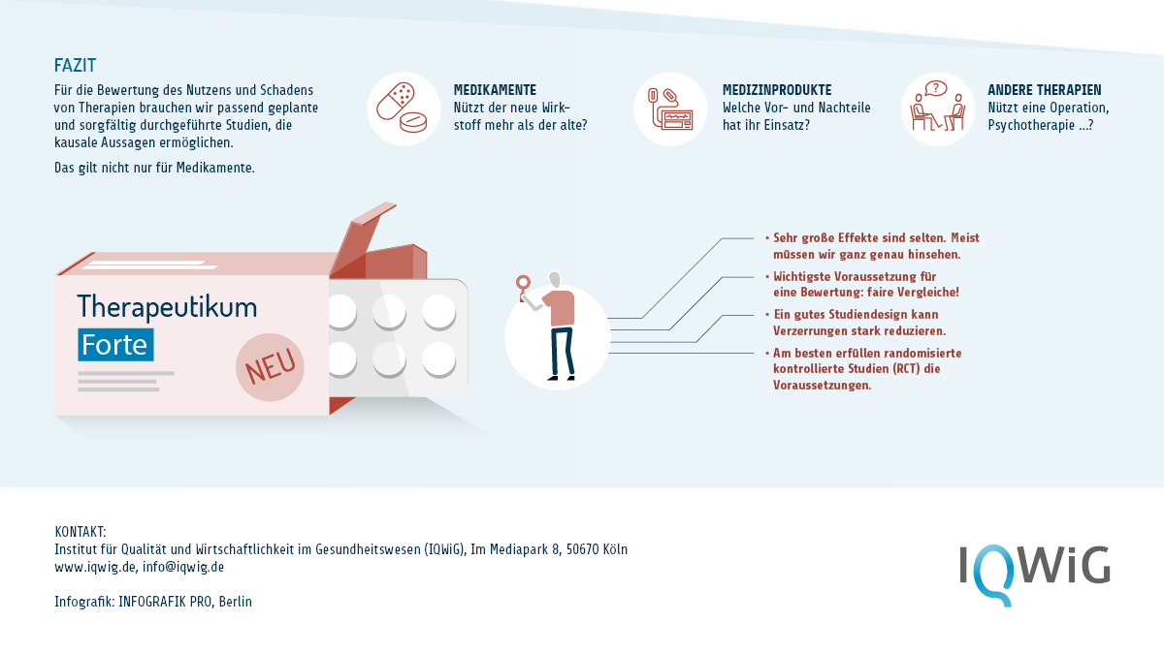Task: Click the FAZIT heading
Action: [x=75, y=66]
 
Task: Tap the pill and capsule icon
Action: [x=402, y=108]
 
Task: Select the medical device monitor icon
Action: [x=670, y=109]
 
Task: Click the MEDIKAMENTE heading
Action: [x=495, y=90]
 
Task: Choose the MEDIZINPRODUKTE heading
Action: [x=777, y=90]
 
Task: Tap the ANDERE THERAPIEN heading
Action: [x=1045, y=90]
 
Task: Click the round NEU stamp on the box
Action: [x=270, y=367]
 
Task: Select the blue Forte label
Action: [x=115, y=345]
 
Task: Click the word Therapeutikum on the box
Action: [x=167, y=306]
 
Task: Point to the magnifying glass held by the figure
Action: [x=523, y=283]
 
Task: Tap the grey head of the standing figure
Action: [x=555, y=280]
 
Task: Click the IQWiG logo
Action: [x=1034, y=574]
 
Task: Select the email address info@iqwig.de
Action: [x=183, y=567]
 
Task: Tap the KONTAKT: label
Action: [x=80, y=532]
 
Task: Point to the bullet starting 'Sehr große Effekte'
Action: [x=873, y=246]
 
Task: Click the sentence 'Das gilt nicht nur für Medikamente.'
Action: [x=154, y=168]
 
